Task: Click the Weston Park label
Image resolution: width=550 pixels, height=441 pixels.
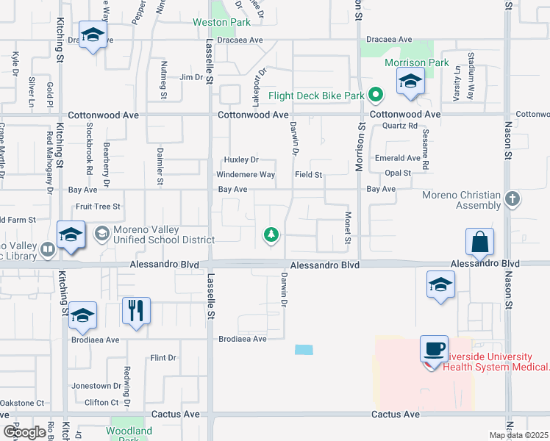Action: (221, 23)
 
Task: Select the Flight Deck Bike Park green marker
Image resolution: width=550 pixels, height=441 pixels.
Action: (376, 95)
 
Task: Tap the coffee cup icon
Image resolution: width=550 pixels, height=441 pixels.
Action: (434, 348)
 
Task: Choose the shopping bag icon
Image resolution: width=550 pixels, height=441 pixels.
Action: (479, 241)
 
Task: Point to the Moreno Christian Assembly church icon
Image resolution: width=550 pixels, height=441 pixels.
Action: (513, 199)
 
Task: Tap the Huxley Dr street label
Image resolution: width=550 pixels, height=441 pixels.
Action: (241, 159)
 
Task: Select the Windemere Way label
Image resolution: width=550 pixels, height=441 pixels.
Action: (245, 175)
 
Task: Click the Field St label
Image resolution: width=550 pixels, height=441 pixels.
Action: (309, 175)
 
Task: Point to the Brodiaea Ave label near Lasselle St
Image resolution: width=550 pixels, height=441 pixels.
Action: (241, 340)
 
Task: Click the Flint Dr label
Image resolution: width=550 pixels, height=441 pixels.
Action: (163, 358)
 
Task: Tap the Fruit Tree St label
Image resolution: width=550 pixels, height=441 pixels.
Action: (97, 207)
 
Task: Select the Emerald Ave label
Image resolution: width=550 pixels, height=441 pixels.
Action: (397, 158)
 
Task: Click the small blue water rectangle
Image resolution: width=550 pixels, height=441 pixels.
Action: (303, 350)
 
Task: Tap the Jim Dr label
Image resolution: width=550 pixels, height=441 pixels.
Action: (190, 77)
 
